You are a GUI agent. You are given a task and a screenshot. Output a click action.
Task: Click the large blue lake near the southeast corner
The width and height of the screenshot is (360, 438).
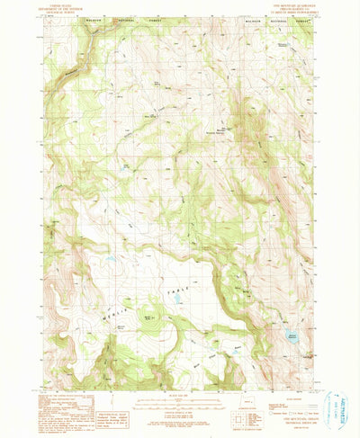point(292,337)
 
